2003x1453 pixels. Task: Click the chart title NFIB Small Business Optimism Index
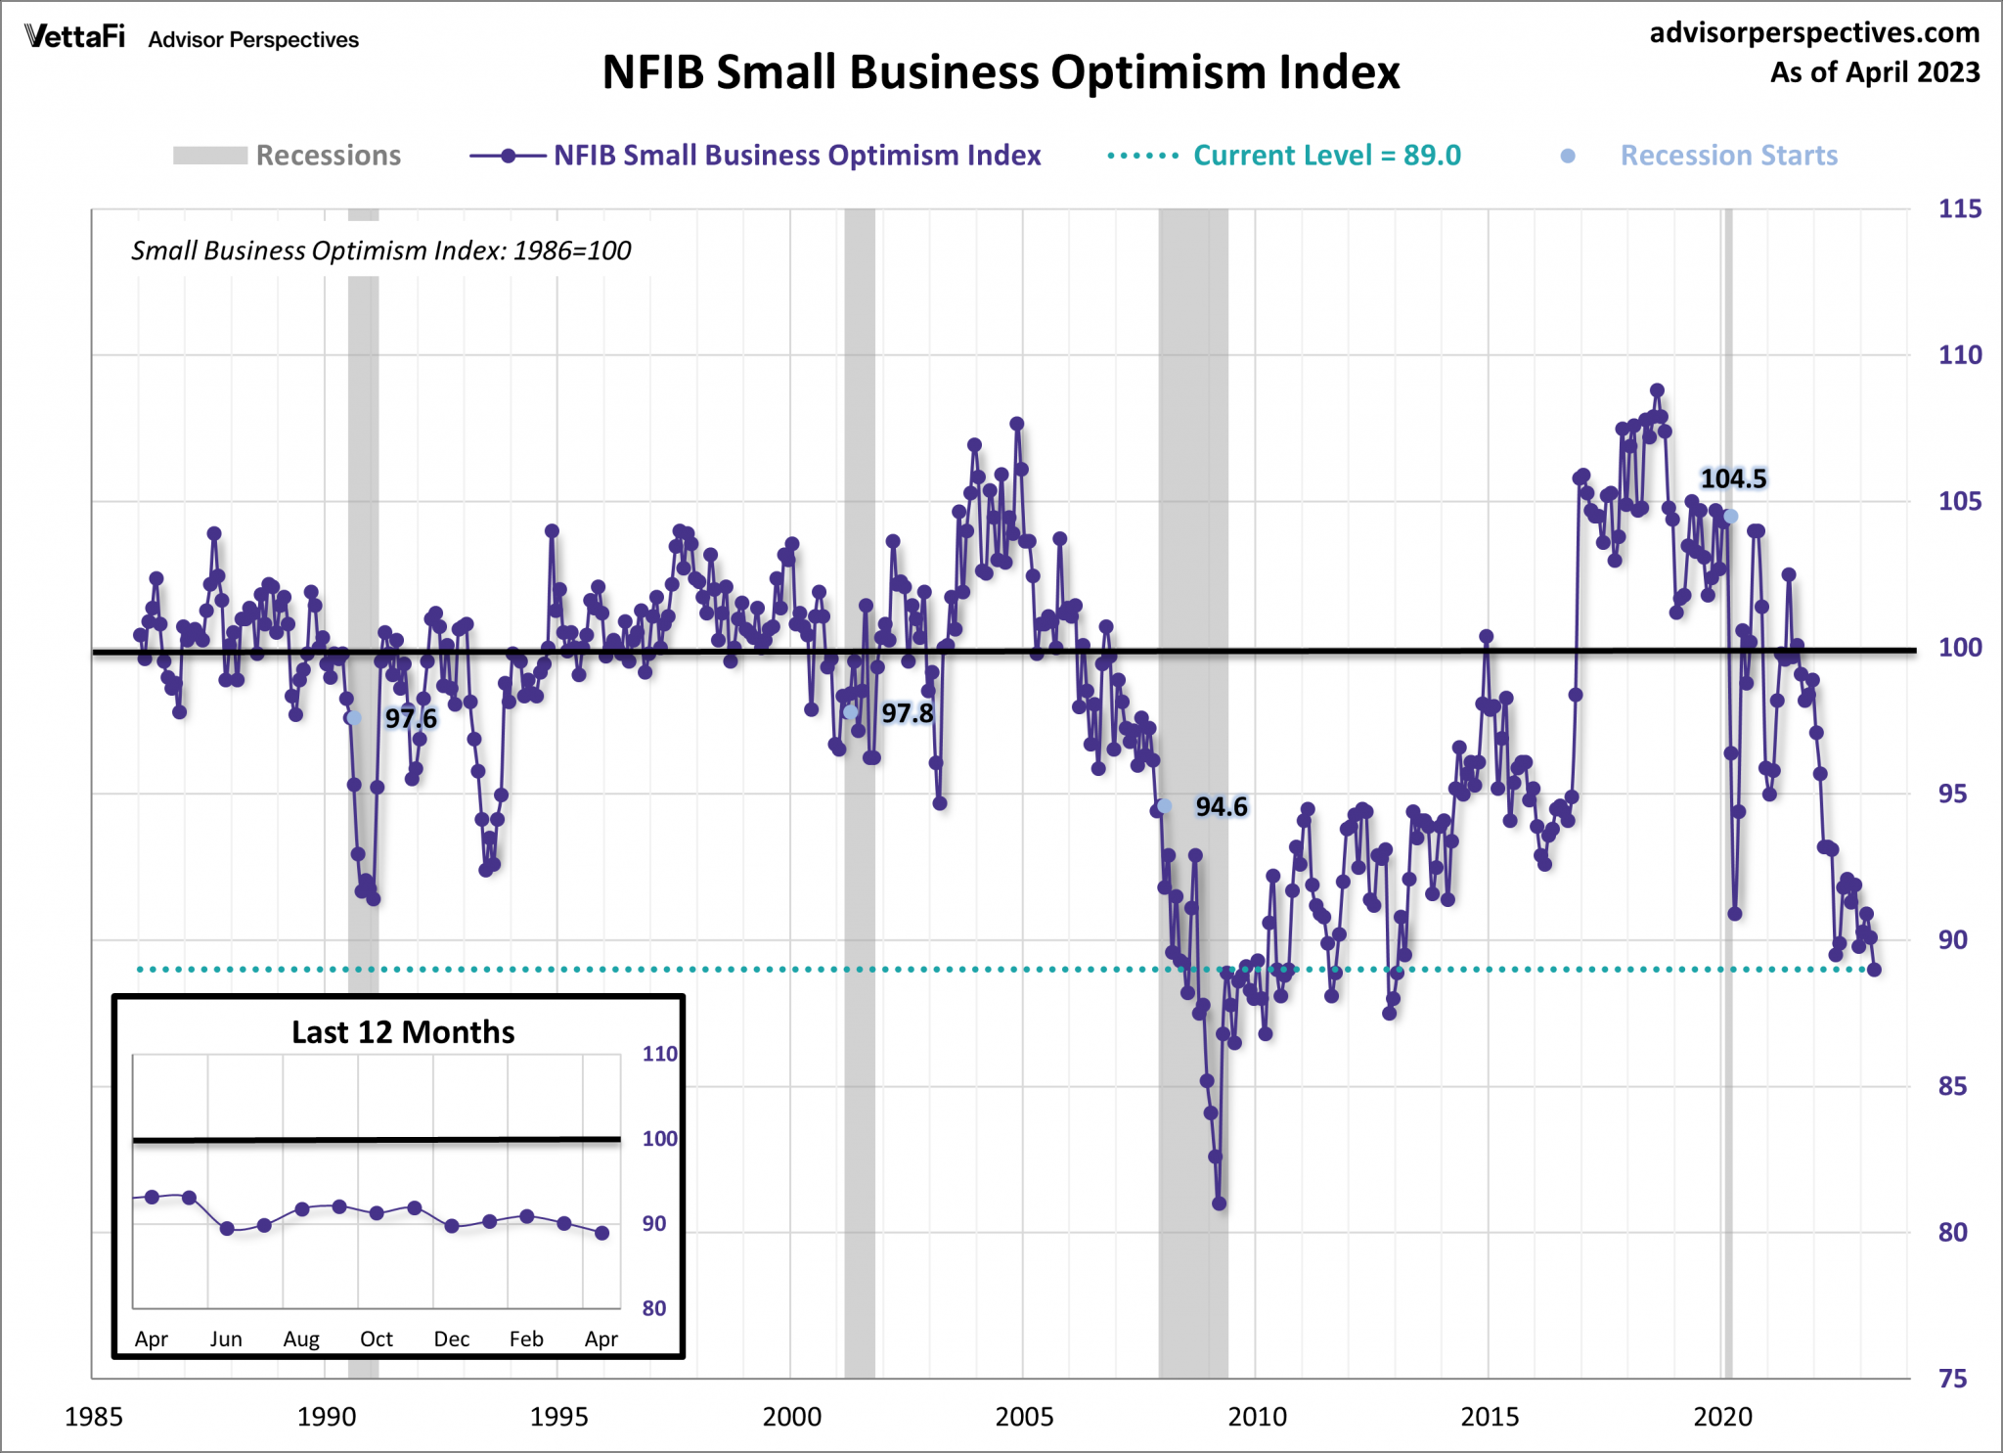click(x=1001, y=72)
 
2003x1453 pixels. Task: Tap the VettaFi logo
click(x=75, y=37)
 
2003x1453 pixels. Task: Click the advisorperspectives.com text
click(x=1814, y=32)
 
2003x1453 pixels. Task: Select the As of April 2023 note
click(x=1874, y=72)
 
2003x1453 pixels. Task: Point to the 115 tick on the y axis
click(x=1959, y=208)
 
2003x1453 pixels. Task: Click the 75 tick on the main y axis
click(x=1952, y=1379)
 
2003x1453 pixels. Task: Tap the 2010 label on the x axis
click(x=1257, y=1416)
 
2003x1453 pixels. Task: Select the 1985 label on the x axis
click(x=93, y=1416)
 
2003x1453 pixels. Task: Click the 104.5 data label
click(x=1733, y=478)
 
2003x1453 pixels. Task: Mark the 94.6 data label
click(x=1222, y=806)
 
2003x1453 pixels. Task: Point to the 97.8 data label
click(x=907, y=713)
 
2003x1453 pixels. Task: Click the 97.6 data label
click(x=411, y=718)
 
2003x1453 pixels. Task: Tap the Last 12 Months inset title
click(x=403, y=1032)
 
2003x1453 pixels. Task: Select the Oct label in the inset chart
click(x=377, y=1339)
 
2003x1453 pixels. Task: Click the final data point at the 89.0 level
click(x=1874, y=970)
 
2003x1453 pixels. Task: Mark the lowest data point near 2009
click(x=1219, y=1203)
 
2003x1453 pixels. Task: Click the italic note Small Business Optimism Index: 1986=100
click(x=380, y=250)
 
